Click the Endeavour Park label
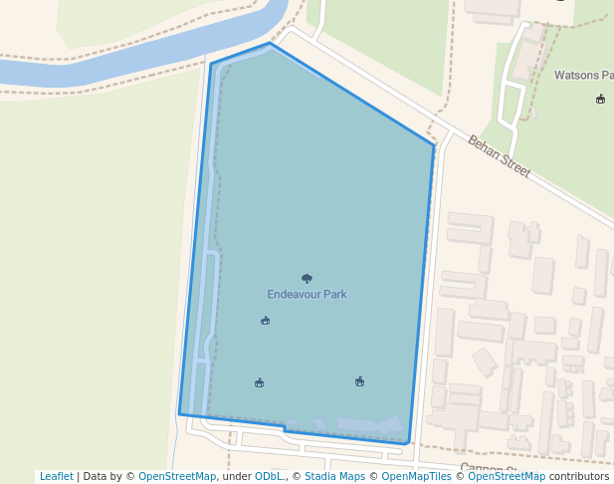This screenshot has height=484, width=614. (x=307, y=295)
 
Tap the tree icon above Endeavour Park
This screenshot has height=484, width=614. (x=307, y=279)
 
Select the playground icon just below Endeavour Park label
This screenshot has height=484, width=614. (x=265, y=321)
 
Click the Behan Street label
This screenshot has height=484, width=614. (x=499, y=157)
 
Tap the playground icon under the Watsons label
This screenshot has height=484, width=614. (x=600, y=99)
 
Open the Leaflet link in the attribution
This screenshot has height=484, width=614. (x=56, y=477)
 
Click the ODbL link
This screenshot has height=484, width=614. (x=269, y=477)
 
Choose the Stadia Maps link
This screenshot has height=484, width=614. (x=334, y=477)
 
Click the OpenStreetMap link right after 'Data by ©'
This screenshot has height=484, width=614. (x=177, y=477)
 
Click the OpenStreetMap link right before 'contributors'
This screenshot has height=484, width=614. (x=507, y=477)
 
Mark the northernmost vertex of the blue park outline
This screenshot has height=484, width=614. (x=270, y=43)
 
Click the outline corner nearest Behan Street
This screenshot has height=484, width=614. (x=434, y=145)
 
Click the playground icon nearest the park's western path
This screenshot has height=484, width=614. (x=259, y=382)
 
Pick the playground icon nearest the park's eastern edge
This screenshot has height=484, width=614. (x=359, y=381)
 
